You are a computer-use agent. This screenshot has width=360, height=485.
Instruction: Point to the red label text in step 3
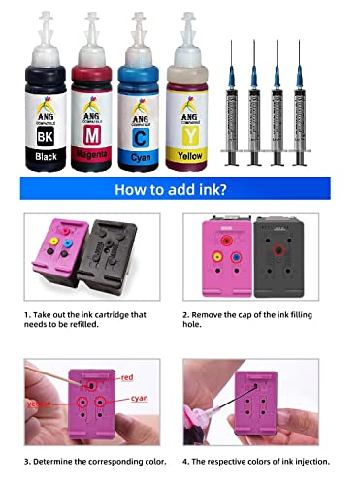128,374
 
